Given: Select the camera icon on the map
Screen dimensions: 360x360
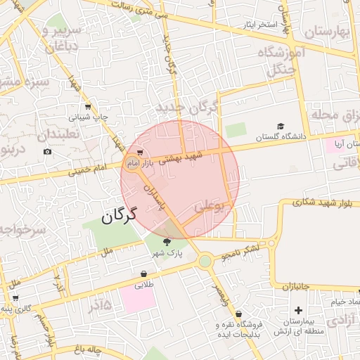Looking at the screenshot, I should pyautogui.click(x=48, y=152).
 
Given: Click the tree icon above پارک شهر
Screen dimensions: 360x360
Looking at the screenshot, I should pyautogui.click(x=167, y=242).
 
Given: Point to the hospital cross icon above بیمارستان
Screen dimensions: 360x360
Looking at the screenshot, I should pyautogui.click(x=299, y=310).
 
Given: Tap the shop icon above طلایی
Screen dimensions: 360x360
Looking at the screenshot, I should pyautogui.click(x=144, y=274).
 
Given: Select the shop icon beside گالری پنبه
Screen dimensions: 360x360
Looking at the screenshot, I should pyautogui.click(x=15, y=298).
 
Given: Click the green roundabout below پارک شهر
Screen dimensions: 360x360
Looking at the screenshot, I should pyautogui.click(x=205, y=262).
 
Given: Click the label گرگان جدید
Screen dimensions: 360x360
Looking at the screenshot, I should pyautogui.click(x=188, y=107).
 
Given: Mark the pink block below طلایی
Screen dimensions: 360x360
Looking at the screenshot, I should pyautogui.click(x=137, y=298).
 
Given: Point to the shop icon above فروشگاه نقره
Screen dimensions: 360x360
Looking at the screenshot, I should pyautogui.click(x=240, y=314).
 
